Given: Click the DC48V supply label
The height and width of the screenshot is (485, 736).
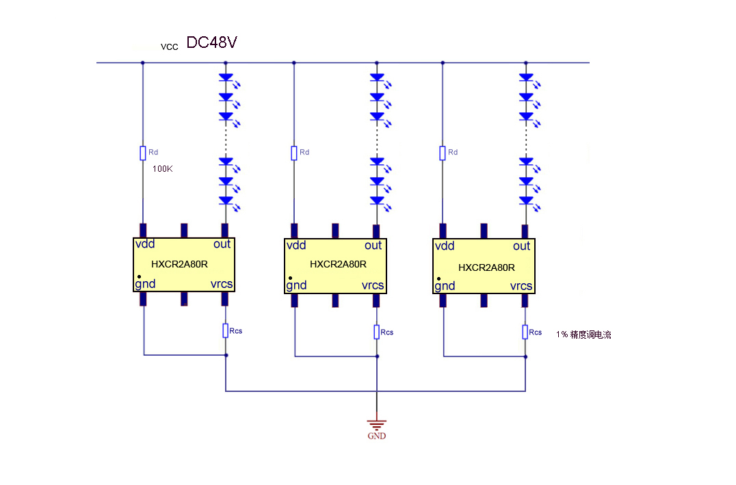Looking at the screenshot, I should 211,43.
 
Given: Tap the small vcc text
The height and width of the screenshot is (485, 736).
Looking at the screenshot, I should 169,47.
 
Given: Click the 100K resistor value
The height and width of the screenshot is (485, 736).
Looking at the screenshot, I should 162,168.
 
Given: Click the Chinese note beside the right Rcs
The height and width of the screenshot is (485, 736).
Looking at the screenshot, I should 583,335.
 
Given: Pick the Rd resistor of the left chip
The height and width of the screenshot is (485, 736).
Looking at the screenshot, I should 143,153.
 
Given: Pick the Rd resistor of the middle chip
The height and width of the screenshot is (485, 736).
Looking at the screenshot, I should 294,153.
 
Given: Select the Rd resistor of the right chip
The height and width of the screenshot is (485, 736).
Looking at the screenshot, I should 443,153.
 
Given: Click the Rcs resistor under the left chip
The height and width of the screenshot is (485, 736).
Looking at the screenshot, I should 226,330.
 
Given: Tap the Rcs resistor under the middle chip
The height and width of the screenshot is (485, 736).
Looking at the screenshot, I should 376,332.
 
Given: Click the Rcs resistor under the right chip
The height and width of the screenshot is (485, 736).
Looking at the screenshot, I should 525,332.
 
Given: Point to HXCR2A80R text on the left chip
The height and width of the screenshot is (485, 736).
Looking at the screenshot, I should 179,263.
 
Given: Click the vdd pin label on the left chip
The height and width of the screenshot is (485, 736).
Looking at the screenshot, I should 145,244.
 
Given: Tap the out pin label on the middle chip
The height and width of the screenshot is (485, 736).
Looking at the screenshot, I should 373,246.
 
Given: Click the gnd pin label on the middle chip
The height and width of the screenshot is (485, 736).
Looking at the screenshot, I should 297,285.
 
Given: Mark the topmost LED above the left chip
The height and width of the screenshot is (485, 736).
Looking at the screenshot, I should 225,78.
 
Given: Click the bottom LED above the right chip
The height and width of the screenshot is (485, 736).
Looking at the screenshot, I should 525,200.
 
